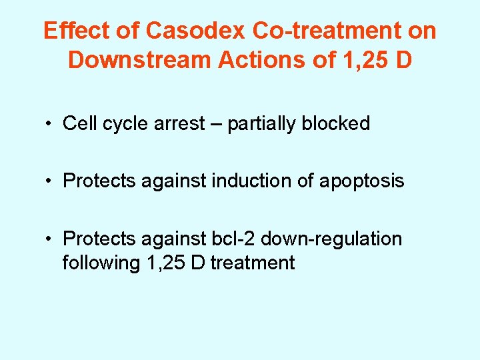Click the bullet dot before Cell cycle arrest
pos(49,124)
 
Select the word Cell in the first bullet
pos(77,123)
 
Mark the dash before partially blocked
pos(216,124)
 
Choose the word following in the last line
pos(101,263)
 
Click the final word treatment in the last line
pos(252,263)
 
